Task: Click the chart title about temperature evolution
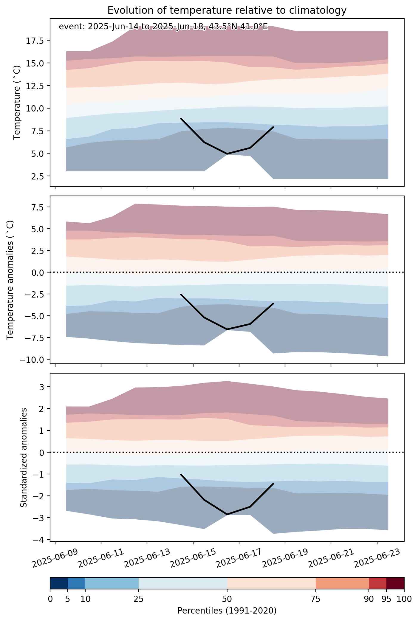(227, 10)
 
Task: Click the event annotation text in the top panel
(163, 27)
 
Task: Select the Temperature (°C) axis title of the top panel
(17, 102)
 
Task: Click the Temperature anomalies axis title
(10, 280)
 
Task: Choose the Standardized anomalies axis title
(24, 457)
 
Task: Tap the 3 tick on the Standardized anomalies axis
(43, 387)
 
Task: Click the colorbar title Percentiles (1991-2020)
(227, 611)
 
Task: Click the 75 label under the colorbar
(316, 599)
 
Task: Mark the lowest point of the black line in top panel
(227, 154)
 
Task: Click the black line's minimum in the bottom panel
(227, 514)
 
